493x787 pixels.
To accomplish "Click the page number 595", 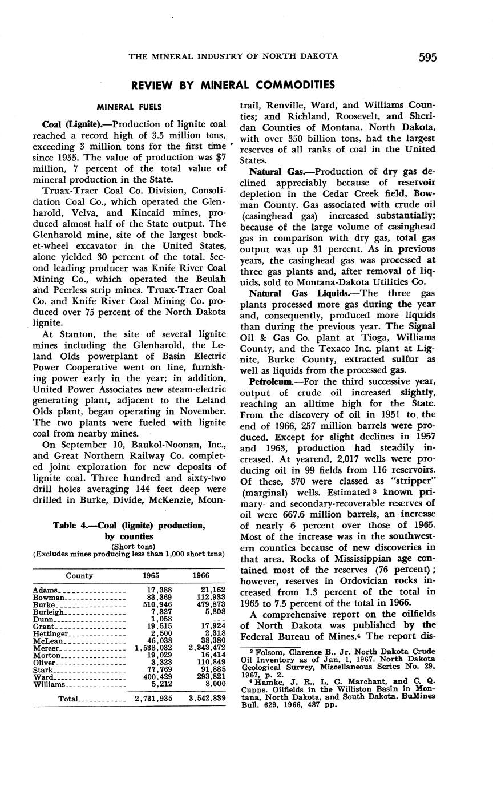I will coord(427,57).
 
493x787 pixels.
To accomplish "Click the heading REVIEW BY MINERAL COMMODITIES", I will coord(233,86).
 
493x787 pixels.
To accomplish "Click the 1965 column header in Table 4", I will coord(151,576).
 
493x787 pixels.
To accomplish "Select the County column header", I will coord(79,576).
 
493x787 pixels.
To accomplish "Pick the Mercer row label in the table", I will coord(46,648).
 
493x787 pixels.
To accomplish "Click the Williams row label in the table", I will coord(50,684).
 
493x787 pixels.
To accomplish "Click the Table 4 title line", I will coord(128,526).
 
